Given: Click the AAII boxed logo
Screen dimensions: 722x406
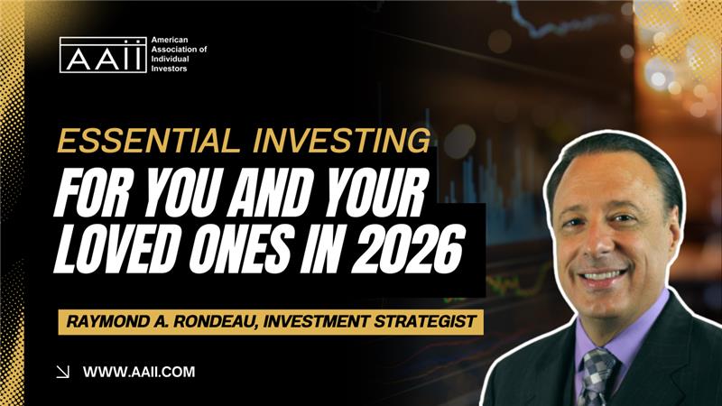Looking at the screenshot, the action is point(103,55).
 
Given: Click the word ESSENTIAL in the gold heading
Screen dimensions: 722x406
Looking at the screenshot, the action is point(148,141).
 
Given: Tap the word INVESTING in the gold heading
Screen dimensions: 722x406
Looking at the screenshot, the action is point(342,141).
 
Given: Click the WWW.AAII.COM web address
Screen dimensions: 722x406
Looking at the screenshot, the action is point(139,372).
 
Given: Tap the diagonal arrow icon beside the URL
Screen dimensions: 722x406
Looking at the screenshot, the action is point(62,372).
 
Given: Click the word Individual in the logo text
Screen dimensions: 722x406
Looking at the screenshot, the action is point(170,59).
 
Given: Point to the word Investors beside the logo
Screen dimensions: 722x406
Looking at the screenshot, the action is point(169,69).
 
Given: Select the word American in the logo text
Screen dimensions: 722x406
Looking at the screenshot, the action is point(170,40).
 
